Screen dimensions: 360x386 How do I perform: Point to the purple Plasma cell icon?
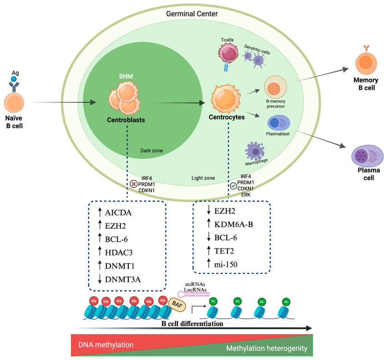click(368, 156)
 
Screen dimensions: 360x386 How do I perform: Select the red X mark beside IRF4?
click(134, 183)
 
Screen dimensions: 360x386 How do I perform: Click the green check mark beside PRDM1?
click(234, 186)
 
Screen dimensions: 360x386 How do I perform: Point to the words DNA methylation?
click(105, 344)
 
